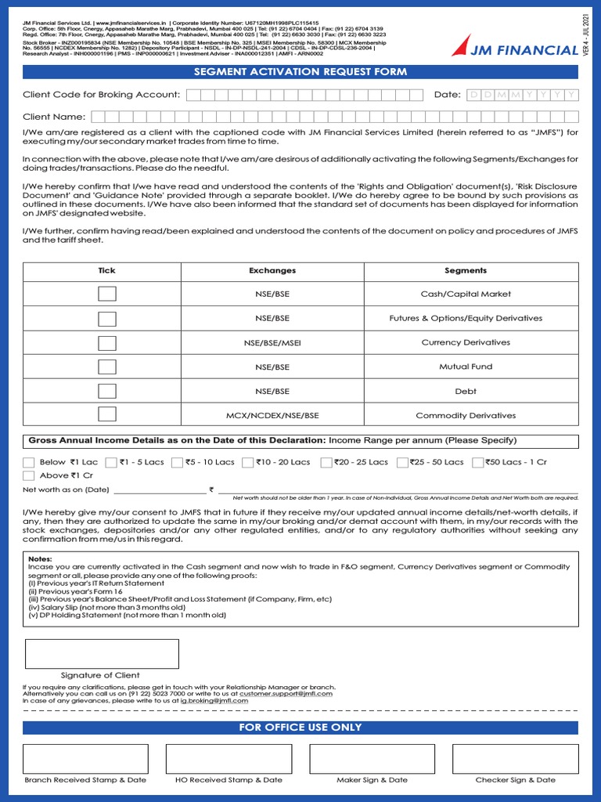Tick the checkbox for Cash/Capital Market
pyautogui.click(x=107, y=294)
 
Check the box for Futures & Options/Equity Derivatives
pyautogui.click(x=107, y=319)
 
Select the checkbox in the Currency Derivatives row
pyautogui.click(x=107, y=343)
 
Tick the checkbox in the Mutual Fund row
pyautogui.click(x=107, y=367)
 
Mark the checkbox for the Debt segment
pyautogui.click(x=107, y=391)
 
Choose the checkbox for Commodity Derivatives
pyautogui.click(x=107, y=414)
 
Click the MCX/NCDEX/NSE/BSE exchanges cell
pyautogui.click(x=272, y=415)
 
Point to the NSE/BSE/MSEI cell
pyautogui.click(x=272, y=343)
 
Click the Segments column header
pyautogui.click(x=466, y=271)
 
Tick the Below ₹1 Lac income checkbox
pyautogui.click(x=29, y=462)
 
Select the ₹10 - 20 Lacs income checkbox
pyautogui.click(x=247, y=462)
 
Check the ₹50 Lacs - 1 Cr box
pyautogui.click(x=478, y=462)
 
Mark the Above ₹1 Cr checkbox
pyautogui.click(x=29, y=475)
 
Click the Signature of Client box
pyautogui.click(x=102, y=654)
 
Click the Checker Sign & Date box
pyautogui.click(x=515, y=759)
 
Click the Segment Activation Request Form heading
pyautogui.click(x=300, y=72)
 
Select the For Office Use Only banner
pyautogui.click(x=300, y=728)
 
